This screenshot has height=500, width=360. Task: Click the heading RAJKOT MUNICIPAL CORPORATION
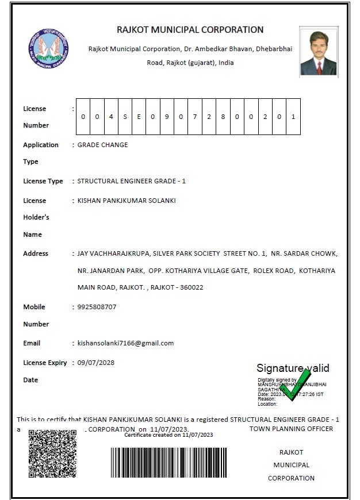point(190,30)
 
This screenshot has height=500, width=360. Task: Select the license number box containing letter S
point(125,117)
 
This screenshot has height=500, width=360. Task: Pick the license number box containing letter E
point(139,117)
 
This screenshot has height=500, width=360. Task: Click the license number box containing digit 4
point(111,117)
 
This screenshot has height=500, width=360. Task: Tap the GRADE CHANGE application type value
point(103,145)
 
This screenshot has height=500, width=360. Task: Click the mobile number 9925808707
point(97,307)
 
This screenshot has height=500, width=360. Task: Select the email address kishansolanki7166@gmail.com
point(126,343)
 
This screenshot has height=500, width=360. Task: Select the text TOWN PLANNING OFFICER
point(291,429)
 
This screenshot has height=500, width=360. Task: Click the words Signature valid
point(293,368)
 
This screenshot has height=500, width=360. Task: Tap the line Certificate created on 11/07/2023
point(168,435)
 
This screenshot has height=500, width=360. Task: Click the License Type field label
point(43,181)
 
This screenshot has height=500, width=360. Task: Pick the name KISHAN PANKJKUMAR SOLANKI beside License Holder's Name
point(127,201)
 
